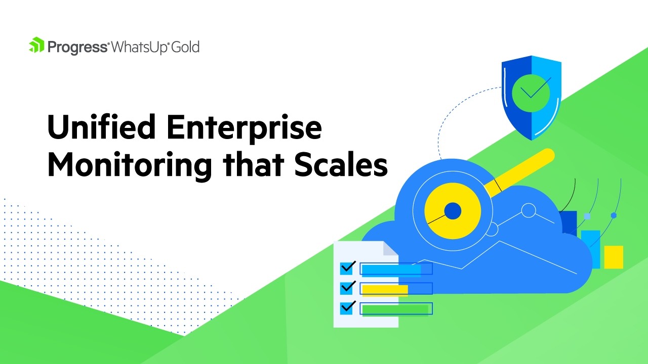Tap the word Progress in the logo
click(x=77, y=47)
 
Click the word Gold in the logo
click(x=184, y=47)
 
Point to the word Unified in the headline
click(x=102, y=127)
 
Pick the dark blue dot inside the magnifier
click(x=452, y=211)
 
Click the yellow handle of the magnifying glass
click(x=521, y=172)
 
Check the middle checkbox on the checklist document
click(x=347, y=288)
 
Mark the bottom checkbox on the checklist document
click(x=347, y=308)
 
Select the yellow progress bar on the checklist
click(x=385, y=290)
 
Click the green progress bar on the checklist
click(x=395, y=309)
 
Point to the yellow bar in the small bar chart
click(x=614, y=257)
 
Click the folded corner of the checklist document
click(x=390, y=248)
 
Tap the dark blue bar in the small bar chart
click(x=569, y=222)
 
